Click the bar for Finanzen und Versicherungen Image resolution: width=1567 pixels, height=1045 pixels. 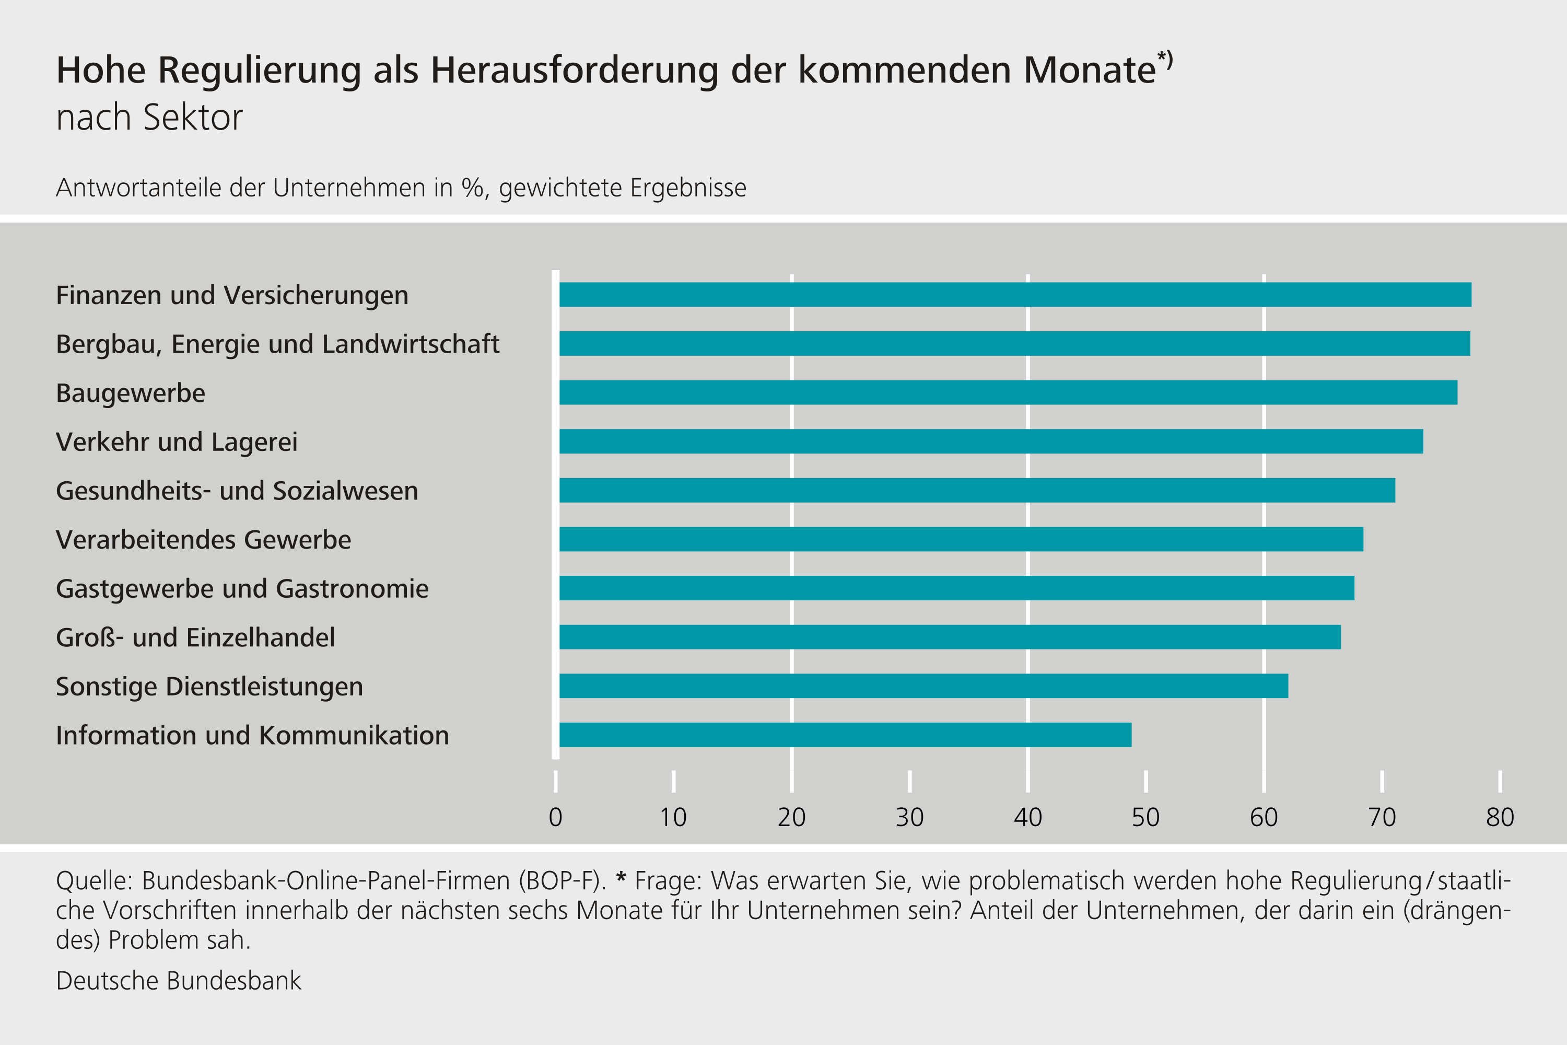click(1015, 295)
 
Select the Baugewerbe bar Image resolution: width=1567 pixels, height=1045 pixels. click(1008, 392)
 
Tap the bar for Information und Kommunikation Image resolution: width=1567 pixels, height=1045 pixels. click(845, 735)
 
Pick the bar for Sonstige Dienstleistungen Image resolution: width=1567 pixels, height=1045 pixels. click(923, 686)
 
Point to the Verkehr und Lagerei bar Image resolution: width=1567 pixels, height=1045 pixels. click(991, 441)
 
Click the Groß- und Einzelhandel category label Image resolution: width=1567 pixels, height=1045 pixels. click(195, 638)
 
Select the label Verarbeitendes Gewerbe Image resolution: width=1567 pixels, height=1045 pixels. click(203, 540)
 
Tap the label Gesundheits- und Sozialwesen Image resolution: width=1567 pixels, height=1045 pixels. click(237, 491)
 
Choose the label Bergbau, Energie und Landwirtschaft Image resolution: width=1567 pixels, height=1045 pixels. click(277, 344)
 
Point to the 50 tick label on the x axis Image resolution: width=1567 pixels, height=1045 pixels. click(1145, 818)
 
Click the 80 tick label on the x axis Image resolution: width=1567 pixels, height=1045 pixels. click(1500, 818)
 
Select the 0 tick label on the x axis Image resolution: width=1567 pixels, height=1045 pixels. click(555, 818)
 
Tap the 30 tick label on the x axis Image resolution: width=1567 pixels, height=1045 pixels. click(909, 818)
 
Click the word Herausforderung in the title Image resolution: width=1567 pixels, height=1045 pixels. click(574, 70)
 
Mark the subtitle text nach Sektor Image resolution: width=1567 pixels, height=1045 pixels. click(149, 118)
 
